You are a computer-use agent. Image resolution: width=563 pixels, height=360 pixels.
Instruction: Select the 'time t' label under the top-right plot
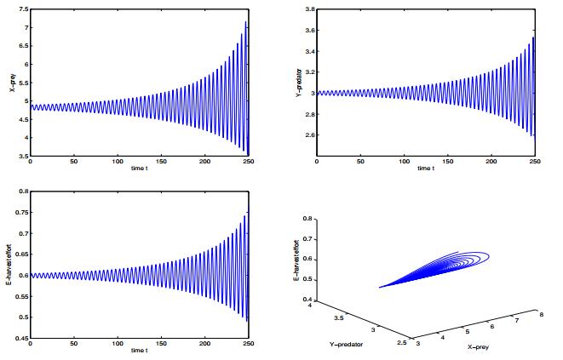pos(426,169)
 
